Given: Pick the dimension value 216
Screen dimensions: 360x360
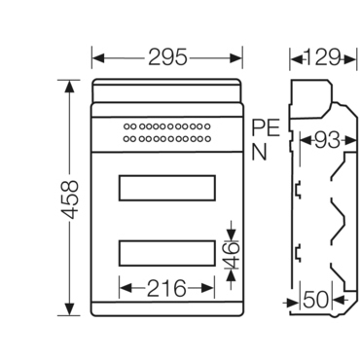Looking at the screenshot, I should click(x=166, y=288).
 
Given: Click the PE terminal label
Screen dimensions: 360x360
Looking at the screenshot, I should click(x=264, y=127).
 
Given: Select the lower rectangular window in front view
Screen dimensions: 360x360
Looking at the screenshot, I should click(x=166, y=253).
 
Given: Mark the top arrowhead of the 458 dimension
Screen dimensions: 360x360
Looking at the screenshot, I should click(x=67, y=86).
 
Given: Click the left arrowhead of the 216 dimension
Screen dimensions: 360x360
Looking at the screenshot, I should click(x=124, y=288).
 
